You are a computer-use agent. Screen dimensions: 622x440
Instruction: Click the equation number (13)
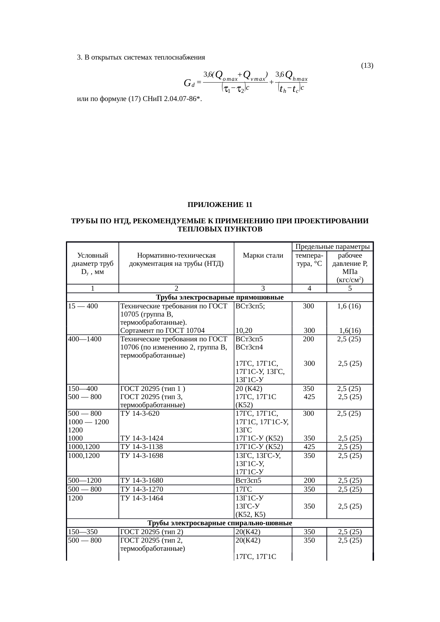click(367, 66)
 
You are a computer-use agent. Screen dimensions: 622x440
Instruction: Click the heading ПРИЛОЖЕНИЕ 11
click(220, 205)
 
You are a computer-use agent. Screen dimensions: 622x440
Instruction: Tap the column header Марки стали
click(263, 255)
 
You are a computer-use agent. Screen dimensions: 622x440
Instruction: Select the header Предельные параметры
click(332, 246)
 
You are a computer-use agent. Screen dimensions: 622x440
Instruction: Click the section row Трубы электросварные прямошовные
click(220, 297)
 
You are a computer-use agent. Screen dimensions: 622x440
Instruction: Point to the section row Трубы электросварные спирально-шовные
click(220, 523)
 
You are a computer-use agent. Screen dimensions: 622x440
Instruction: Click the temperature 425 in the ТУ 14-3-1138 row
click(309, 447)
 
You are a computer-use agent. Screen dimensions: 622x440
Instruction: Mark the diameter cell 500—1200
click(85, 481)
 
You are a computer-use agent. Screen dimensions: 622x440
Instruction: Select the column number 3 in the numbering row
click(263, 288)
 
